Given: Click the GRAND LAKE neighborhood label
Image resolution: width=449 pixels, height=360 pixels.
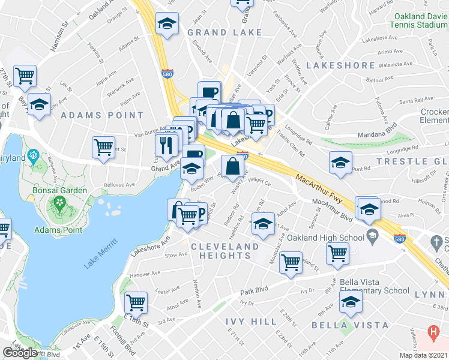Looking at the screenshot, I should [x=224, y=32].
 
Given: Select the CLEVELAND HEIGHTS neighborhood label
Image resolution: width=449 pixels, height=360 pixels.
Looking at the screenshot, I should [x=224, y=251].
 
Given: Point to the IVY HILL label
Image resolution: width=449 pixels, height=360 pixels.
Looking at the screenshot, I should [x=251, y=322].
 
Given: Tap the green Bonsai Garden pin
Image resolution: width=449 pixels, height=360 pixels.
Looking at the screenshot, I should [x=59, y=204].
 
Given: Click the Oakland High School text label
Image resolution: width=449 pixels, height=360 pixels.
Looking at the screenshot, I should [x=327, y=238].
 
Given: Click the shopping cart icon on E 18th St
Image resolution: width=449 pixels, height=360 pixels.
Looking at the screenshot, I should [x=136, y=302].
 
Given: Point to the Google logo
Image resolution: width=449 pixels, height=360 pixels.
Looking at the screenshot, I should [x=19, y=353].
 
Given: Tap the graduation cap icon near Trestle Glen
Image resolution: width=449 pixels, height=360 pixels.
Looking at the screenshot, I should [x=340, y=163].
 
